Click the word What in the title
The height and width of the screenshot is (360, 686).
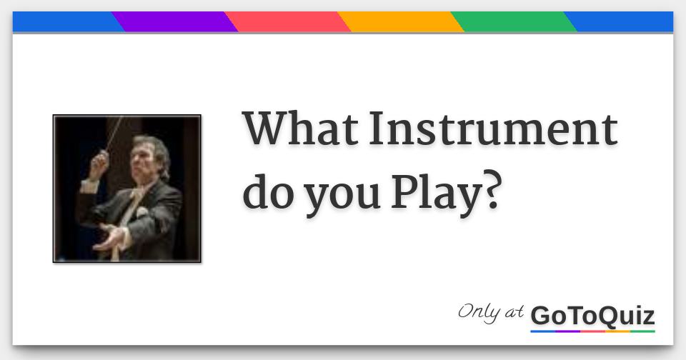point(300,129)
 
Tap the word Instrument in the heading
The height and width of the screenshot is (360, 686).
point(493,129)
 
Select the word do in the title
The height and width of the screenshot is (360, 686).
point(268,192)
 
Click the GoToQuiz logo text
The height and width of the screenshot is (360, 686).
point(592,316)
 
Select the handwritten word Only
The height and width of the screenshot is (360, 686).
point(478,313)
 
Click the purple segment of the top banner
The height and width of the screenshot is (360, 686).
point(175,22)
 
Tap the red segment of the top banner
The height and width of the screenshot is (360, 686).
point(287,22)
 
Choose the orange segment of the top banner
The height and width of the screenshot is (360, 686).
point(400,22)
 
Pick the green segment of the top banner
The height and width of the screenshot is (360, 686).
point(514,22)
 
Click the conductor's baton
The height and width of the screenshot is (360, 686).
point(114,134)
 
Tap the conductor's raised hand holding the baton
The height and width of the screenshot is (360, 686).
point(98,164)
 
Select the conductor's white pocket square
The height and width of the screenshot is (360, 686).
point(141,213)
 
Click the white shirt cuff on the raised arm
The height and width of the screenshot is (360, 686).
point(89,186)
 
